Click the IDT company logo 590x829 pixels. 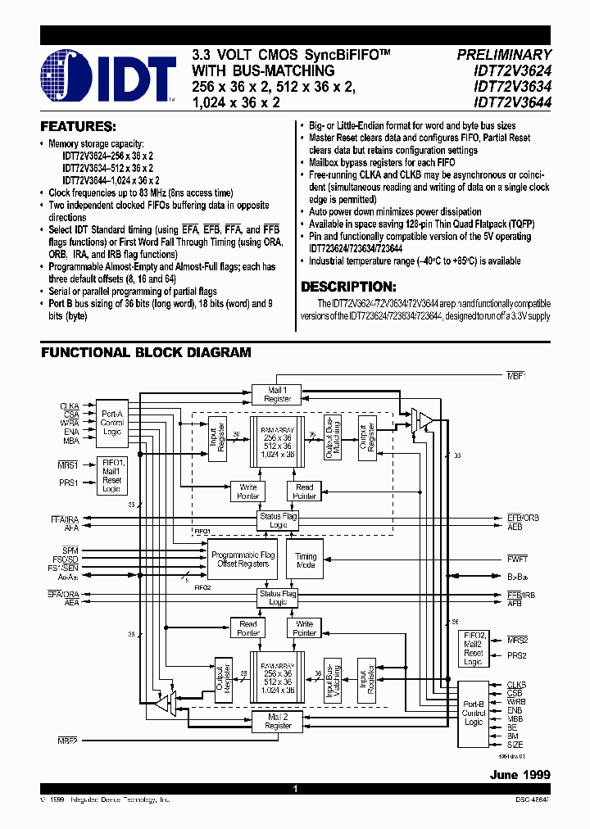point(108,76)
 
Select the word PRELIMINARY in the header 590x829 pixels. point(504,54)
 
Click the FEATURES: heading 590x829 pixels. point(78,127)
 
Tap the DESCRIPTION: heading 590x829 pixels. point(348,287)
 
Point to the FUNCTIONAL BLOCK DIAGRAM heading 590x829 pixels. point(146,352)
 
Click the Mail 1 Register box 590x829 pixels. point(278,394)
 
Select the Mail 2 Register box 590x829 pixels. point(278,721)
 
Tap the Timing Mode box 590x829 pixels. point(306,560)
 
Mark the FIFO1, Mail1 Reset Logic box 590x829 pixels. point(111,475)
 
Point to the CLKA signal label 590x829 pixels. point(70,406)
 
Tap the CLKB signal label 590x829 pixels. point(515,684)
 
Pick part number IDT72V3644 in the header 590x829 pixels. point(515,103)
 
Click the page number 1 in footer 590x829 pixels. point(294,789)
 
